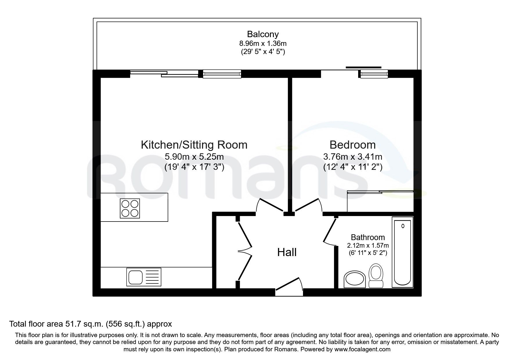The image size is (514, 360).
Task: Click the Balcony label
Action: tap(263, 34)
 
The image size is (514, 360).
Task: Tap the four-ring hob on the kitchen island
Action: tap(130, 208)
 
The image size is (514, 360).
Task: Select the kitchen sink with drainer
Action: tap(144, 277)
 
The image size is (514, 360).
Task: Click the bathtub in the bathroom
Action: tap(403, 252)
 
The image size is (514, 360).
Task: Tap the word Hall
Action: tap(287, 252)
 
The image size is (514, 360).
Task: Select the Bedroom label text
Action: tap(352, 145)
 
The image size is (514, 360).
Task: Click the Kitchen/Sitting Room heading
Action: tap(194, 145)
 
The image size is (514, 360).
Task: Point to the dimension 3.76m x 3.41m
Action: tap(352, 157)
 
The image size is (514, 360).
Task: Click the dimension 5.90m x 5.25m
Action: tap(194, 157)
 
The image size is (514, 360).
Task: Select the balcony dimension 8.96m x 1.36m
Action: tap(263, 44)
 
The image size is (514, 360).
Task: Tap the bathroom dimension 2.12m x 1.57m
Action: tap(368, 245)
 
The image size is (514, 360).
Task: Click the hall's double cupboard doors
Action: tap(245, 251)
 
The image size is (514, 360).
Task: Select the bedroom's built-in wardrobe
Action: tap(380, 201)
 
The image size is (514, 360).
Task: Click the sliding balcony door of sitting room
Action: tap(164, 74)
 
